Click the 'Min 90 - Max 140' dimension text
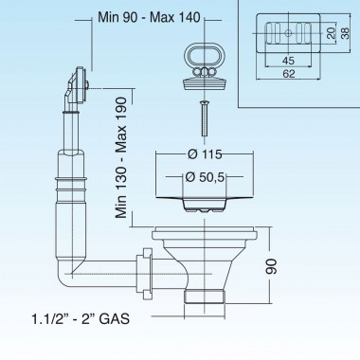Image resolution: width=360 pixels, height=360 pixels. pos(149,17)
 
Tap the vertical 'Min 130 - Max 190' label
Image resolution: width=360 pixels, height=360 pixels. pos(121,157)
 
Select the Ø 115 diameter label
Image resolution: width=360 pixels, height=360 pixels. pos(205,154)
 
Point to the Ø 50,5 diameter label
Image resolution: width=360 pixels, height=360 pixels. pos(205,177)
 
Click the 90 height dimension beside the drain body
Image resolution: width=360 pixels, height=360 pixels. pos(272,266)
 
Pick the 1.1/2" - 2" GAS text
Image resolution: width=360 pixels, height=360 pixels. pos(81,318)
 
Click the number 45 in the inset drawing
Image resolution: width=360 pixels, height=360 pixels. pos(288,61)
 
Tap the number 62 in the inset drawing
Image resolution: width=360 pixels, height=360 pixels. pos(289,74)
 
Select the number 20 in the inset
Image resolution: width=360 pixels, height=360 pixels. pos(331,33)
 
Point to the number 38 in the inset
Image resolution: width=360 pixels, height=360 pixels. pos(346,33)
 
